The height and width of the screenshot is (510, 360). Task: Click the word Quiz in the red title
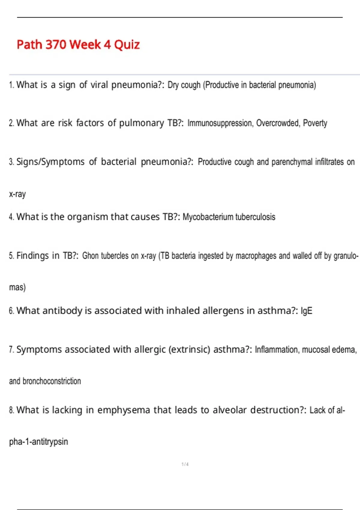pyautogui.click(x=127, y=45)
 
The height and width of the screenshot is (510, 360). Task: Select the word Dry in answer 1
pyautogui.click(x=173, y=85)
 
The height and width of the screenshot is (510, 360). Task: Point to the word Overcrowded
pyautogui.click(x=278, y=123)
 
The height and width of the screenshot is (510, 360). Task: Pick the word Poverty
pyautogui.click(x=315, y=123)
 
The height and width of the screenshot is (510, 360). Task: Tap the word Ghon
pyautogui.click(x=90, y=256)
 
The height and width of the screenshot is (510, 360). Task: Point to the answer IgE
pyautogui.click(x=306, y=311)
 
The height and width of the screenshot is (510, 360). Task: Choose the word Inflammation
pyautogui.click(x=276, y=350)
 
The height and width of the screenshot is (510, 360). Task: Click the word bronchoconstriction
pyautogui.click(x=52, y=381)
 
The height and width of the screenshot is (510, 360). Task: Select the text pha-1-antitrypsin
pyautogui.click(x=38, y=442)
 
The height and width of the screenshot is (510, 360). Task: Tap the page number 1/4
pyautogui.click(x=185, y=464)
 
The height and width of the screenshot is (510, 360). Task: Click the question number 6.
pyautogui.click(x=11, y=311)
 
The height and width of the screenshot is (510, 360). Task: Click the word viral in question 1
pyautogui.click(x=99, y=85)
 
